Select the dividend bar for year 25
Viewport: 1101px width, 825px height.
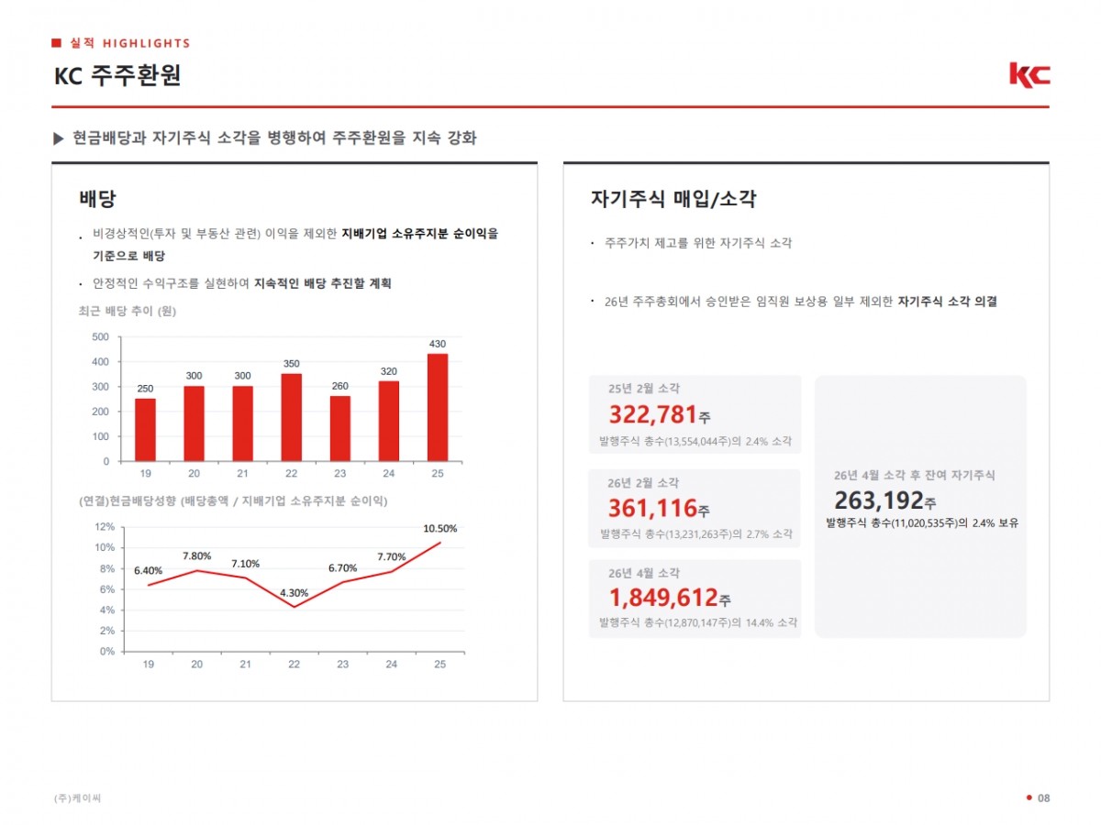click(x=438, y=407)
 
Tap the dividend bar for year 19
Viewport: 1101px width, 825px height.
click(x=146, y=430)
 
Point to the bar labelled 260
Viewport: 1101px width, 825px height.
click(x=340, y=429)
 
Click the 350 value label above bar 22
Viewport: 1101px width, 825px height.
click(x=292, y=364)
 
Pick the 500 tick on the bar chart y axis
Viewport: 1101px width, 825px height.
click(x=100, y=336)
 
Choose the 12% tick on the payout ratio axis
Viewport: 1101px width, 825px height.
click(x=105, y=527)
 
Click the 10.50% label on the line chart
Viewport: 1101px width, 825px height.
click(x=439, y=529)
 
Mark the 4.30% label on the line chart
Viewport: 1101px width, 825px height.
click(x=294, y=593)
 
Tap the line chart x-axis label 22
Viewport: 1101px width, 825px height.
click(x=294, y=665)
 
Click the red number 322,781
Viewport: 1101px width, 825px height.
click(x=652, y=414)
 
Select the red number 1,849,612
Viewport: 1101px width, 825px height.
click(x=663, y=598)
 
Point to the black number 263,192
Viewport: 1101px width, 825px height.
click(x=879, y=500)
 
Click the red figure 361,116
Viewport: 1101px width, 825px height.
click(x=652, y=508)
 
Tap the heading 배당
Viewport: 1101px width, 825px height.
click(x=97, y=199)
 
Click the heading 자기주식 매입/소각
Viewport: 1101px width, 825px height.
click(x=673, y=199)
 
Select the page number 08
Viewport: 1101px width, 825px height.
click(x=1043, y=797)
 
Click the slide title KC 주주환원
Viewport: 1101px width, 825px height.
click(x=117, y=76)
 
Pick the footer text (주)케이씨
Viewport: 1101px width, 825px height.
click(x=77, y=797)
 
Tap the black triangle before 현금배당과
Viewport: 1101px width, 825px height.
click(x=58, y=138)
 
